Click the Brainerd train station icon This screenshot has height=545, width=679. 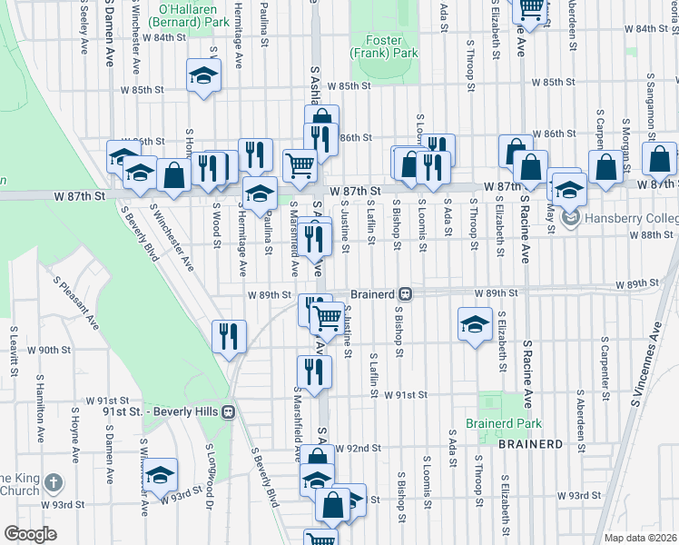(407, 294)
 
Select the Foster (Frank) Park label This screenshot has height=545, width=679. (390, 47)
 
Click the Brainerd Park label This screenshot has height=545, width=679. (503, 423)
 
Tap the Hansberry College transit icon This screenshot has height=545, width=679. (570, 217)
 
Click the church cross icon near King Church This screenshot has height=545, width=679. (54, 481)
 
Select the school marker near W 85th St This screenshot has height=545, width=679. (204, 76)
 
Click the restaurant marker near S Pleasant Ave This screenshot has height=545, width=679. (230, 336)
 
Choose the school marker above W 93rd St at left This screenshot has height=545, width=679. (160, 475)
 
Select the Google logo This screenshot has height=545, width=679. (30, 534)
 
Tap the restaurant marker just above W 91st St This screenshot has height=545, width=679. (313, 372)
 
